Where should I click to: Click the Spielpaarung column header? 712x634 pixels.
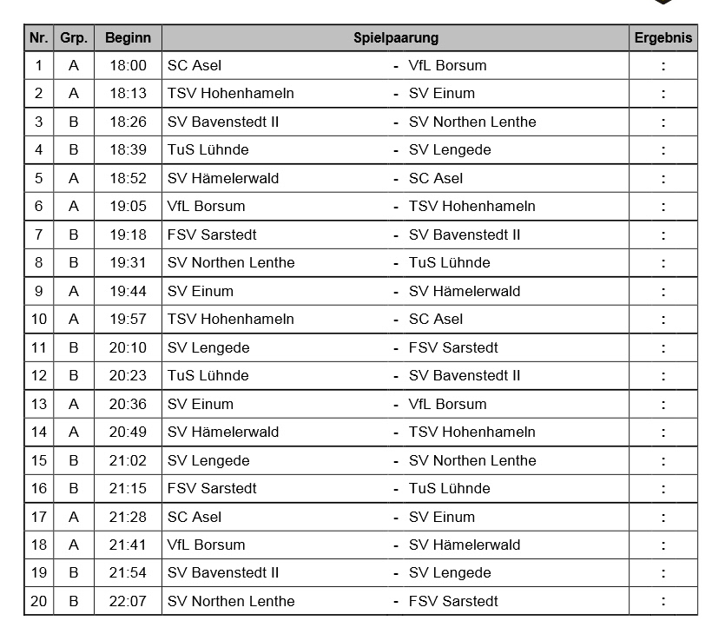(395, 38)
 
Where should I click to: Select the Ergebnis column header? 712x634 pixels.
(663, 38)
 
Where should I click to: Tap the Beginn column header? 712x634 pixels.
(128, 38)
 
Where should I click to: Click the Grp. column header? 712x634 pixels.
(74, 38)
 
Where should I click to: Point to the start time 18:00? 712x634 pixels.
(128, 65)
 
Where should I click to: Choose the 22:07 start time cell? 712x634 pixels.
(128, 601)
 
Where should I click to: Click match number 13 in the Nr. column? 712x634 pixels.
(38, 404)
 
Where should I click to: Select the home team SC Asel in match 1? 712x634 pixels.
(194, 65)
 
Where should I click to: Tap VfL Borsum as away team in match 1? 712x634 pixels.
(447, 65)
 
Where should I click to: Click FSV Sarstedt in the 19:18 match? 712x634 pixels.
(212, 234)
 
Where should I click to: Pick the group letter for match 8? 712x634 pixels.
(74, 262)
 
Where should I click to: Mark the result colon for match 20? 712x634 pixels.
(663, 601)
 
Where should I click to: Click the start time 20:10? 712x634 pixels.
(128, 347)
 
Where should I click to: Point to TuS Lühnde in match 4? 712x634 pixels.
(208, 149)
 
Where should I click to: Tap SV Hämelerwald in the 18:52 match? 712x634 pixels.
(223, 178)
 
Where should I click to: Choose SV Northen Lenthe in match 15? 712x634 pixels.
(472, 460)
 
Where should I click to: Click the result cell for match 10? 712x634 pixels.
(663, 319)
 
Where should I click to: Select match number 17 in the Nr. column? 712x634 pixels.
(38, 517)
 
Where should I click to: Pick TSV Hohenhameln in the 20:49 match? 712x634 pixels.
(472, 432)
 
